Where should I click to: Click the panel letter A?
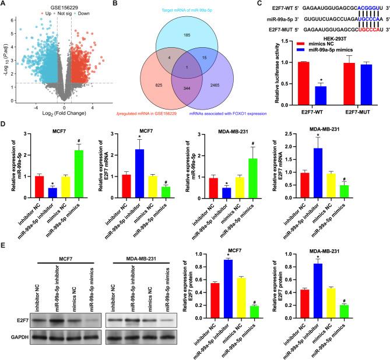[x=4, y=5]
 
